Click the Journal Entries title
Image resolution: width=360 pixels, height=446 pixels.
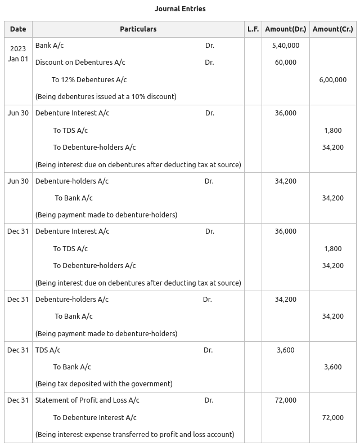pyautogui.click(x=180, y=9)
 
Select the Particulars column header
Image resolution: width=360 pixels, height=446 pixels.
pyautogui.click(x=138, y=29)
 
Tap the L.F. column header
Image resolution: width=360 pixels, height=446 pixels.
pyautogui.click(x=253, y=29)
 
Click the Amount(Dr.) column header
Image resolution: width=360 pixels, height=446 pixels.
pyautogui.click(x=285, y=29)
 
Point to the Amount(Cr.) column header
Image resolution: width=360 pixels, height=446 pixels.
pyautogui.click(x=332, y=29)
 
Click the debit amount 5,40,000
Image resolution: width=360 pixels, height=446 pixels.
pyautogui.click(x=285, y=46)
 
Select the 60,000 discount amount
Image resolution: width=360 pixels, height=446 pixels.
pyautogui.click(x=285, y=63)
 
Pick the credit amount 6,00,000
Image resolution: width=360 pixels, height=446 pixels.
pyautogui.click(x=332, y=80)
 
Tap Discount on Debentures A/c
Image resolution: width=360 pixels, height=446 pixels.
pyautogui.click(x=80, y=63)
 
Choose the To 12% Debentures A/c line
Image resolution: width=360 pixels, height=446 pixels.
pyautogui.click(x=89, y=80)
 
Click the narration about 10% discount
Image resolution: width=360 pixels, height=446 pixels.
pyautogui.click(x=106, y=97)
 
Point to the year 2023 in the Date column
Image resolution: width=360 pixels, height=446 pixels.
pyautogui.click(x=18, y=49)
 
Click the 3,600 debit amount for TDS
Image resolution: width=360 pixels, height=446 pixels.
pyautogui.click(x=285, y=350)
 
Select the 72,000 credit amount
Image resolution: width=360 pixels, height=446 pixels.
pyautogui.click(x=332, y=418)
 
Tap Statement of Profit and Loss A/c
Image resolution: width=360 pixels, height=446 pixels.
pyautogui.click(x=87, y=400)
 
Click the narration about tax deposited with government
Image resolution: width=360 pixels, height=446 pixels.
pyautogui.click(x=103, y=384)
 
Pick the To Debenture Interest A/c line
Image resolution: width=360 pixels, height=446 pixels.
pyautogui.click(x=94, y=418)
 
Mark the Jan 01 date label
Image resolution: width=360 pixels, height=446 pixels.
pyautogui.click(x=18, y=59)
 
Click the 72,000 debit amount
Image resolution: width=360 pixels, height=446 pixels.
pyautogui.click(x=285, y=400)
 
